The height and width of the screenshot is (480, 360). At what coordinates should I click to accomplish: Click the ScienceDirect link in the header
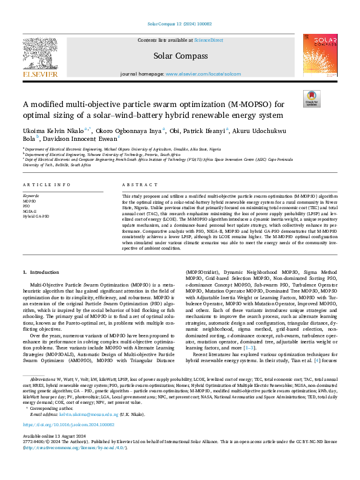[208, 40]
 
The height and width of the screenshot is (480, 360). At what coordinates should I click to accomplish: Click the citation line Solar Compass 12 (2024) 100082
[180, 25]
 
